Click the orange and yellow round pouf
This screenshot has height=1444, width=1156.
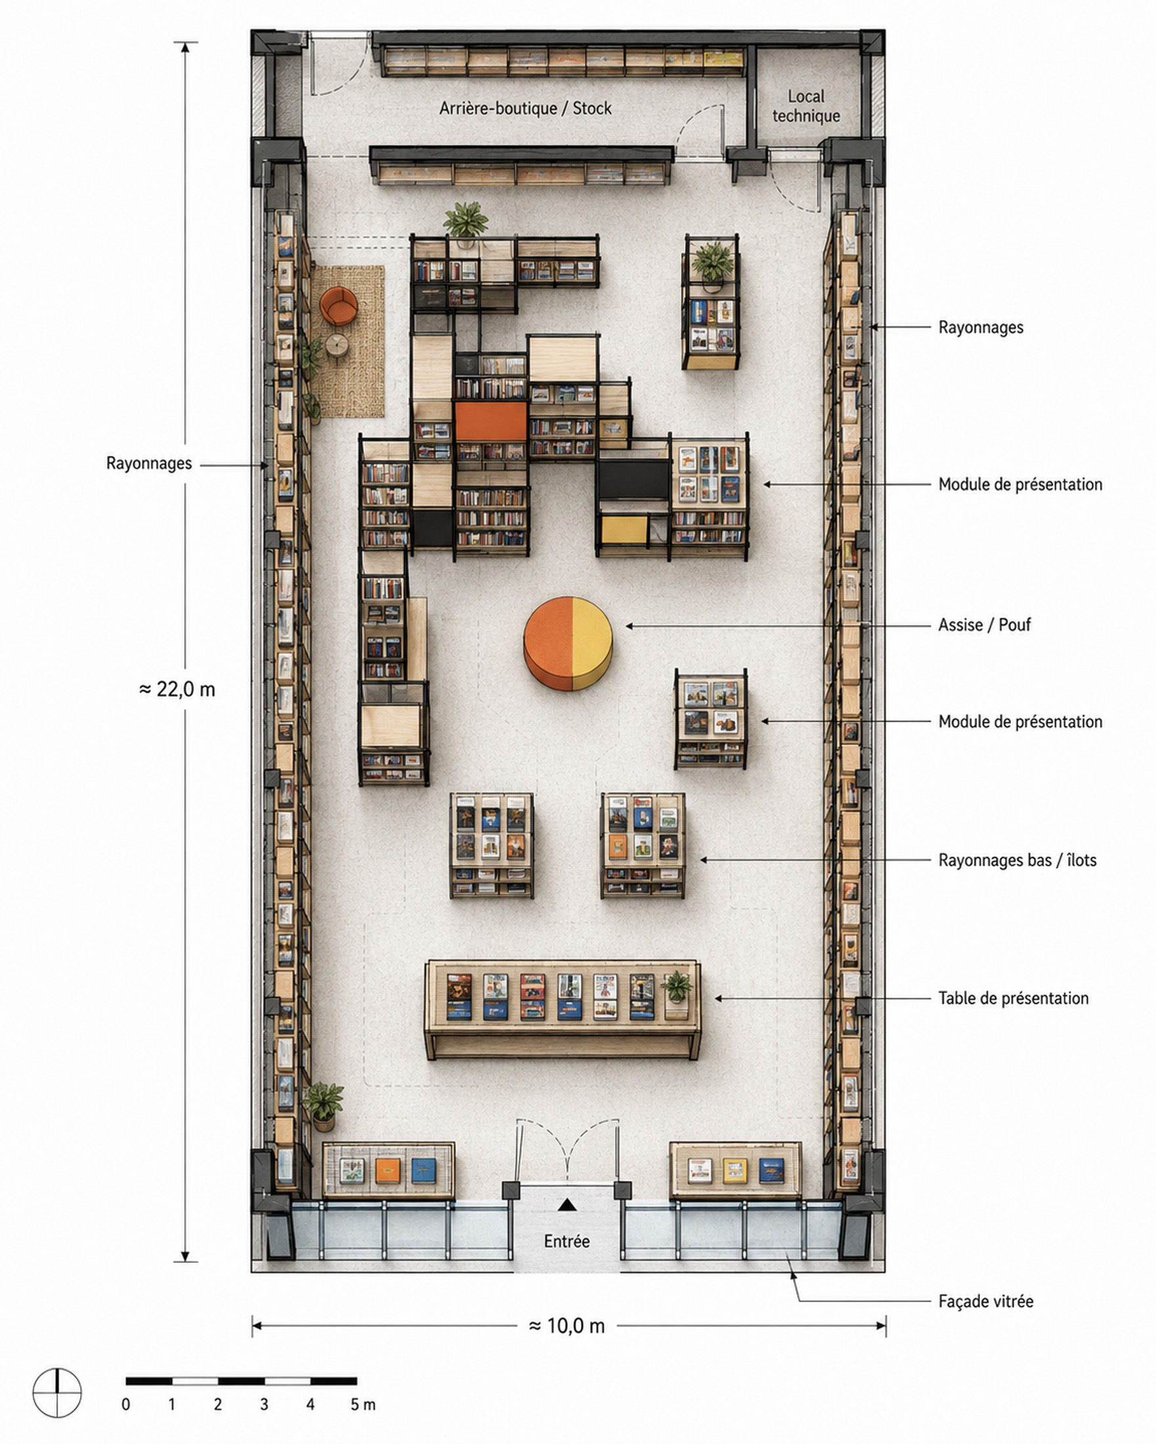(568, 643)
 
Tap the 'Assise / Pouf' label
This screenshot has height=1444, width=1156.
(984, 625)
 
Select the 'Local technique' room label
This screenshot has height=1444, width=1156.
(805, 106)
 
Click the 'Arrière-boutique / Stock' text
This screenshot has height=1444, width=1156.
(525, 108)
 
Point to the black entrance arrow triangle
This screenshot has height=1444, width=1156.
(567, 1205)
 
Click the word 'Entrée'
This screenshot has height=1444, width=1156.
(567, 1241)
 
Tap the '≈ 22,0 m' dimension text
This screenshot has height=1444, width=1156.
(177, 689)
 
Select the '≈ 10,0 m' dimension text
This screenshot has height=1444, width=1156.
(567, 1325)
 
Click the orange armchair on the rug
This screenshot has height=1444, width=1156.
(338, 305)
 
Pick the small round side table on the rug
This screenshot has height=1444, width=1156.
(337, 346)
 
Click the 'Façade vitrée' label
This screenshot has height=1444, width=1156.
(985, 1302)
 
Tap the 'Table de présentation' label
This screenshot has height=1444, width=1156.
(1014, 998)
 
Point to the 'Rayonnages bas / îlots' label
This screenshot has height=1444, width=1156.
(1017, 860)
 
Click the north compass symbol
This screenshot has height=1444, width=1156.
(57, 1393)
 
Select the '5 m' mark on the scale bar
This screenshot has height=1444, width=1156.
(362, 1405)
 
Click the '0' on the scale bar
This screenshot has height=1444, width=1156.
(126, 1405)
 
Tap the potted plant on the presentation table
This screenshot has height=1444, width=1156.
(676, 987)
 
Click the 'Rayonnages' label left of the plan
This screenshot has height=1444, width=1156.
(149, 463)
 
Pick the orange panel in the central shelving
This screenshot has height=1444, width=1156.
(491, 421)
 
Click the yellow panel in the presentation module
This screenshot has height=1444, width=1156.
(624, 530)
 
